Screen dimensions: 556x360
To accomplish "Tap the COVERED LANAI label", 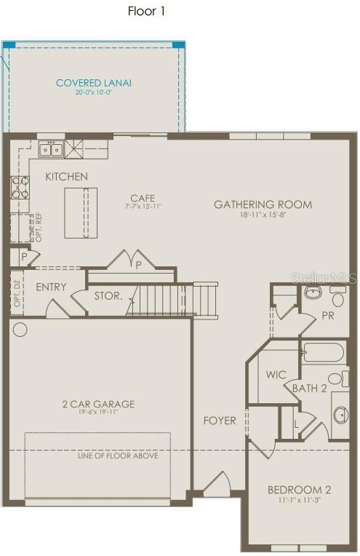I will [x=94, y=83].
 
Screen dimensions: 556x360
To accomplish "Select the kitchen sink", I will [x=52, y=150].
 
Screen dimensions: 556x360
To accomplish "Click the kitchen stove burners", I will [x=19, y=188].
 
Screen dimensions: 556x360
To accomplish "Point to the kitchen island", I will [x=81, y=213].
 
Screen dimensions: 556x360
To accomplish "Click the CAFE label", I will [x=143, y=198].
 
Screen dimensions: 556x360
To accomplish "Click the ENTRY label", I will [x=51, y=287].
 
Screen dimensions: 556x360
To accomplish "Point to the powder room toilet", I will [x=337, y=299].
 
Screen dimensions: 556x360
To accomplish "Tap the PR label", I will [x=328, y=316].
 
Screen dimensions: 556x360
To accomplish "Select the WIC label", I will [x=276, y=375].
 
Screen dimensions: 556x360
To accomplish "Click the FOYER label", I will [x=220, y=420].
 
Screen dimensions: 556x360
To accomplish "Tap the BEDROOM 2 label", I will [x=299, y=489].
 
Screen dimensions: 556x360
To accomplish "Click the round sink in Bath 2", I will [x=340, y=415].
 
